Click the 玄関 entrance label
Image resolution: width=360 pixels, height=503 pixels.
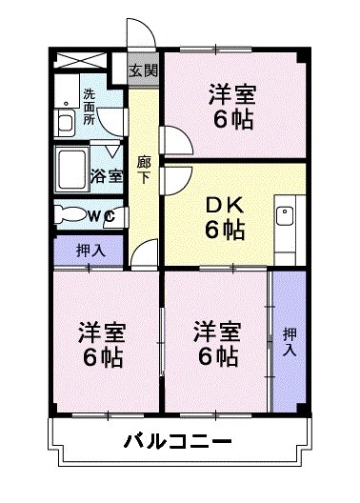tap(145, 70)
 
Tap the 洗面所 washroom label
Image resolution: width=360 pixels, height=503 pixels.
tap(89, 102)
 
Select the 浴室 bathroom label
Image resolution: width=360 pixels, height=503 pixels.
tap(107, 175)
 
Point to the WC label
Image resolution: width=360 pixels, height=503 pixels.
tap(101, 216)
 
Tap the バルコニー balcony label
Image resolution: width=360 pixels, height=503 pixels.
tap(178, 443)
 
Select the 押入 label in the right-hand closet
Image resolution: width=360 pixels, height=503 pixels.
tap(289, 342)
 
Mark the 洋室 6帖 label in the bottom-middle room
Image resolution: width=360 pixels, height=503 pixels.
tap(217, 345)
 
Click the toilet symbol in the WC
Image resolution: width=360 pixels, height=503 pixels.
tap(69, 214)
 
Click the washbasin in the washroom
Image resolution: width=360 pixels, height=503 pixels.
tap(66, 123)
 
